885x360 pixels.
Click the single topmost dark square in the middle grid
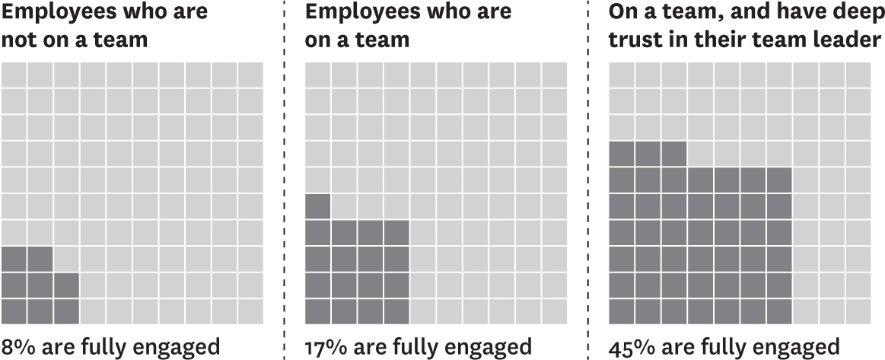click(x=317, y=206)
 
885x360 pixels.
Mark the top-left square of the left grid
click(x=14, y=75)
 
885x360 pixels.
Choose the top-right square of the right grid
click(x=857, y=75)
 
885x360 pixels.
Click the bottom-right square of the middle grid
click(x=553, y=311)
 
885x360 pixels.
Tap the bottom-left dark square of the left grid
click(x=14, y=311)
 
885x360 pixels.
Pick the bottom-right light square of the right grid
click(x=857, y=311)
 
